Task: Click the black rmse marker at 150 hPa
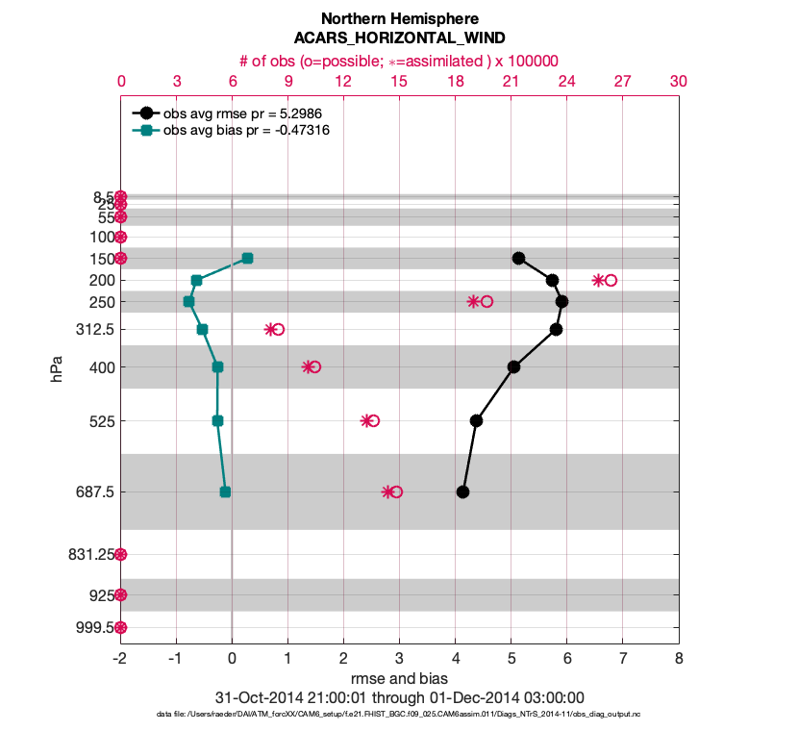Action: tap(518, 258)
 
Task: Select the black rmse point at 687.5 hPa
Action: tap(462, 492)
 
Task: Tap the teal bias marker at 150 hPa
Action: tap(247, 258)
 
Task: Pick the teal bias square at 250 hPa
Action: tap(188, 302)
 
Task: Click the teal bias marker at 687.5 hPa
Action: tap(225, 492)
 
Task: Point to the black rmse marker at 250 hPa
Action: tap(561, 301)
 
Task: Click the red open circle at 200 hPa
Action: tap(611, 280)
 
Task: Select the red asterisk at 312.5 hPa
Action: tap(270, 329)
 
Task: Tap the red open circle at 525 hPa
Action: tap(373, 420)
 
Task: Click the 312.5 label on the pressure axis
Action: tap(91, 330)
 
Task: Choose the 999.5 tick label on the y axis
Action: tap(93, 627)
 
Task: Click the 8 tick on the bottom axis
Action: tap(679, 660)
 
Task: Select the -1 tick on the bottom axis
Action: tap(175, 660)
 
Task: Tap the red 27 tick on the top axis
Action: tap(622, 82)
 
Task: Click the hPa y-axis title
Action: tap(58, 367)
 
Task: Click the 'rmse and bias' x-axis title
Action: tap(399, 679)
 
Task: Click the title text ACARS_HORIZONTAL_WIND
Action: tap(399, 38)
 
